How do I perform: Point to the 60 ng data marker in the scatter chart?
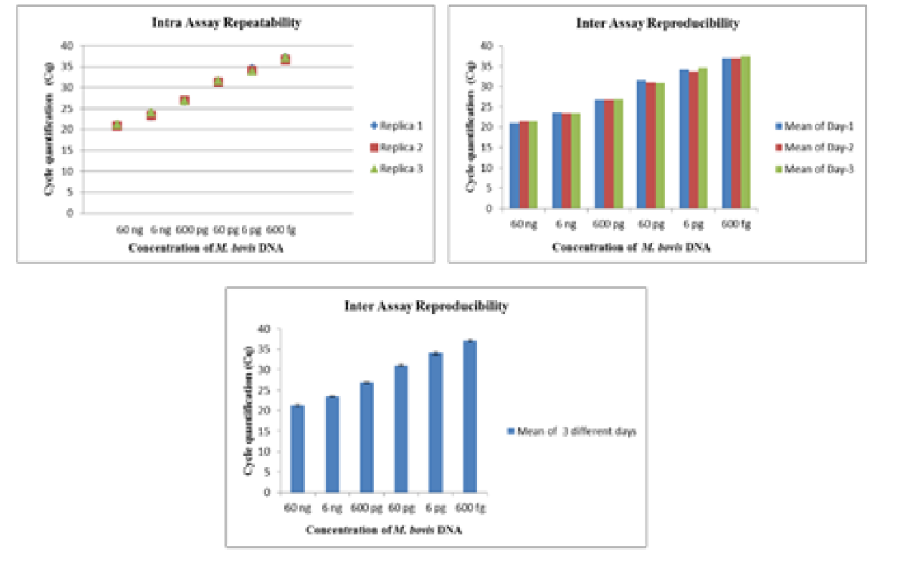pyautogui.click(x=117, y=126)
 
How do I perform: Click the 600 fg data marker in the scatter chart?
pyautogui.click(x=285, y=59)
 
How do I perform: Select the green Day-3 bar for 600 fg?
pyautogui.click(x=746, y=132)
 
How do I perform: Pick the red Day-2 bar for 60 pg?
pyautogui.click(x=651, y=144)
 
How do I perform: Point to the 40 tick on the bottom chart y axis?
pyautogui.click(x=264, y=328)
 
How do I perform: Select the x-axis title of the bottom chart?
pyautogui.click(x=383, y=530)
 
